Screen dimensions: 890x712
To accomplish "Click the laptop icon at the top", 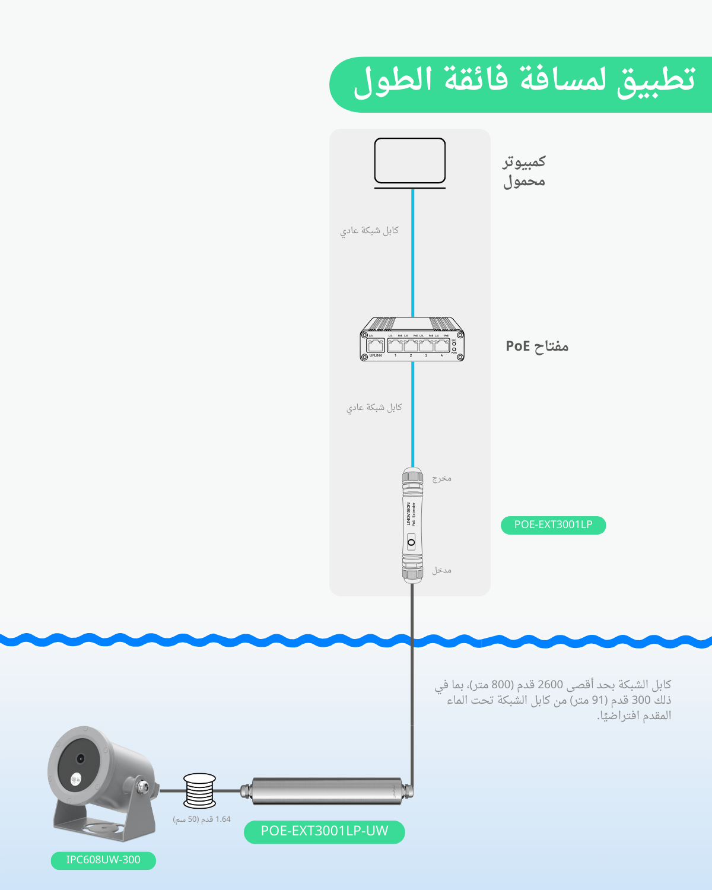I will click(410, 162).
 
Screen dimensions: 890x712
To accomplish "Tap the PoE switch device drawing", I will click(412, 339).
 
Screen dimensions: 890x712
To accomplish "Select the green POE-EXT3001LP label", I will click(553, 525).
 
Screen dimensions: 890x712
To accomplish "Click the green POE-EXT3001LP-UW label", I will click(325, 831).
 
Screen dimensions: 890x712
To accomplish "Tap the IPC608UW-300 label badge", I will click(103, 860).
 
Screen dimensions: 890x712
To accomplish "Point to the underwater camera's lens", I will click(80, 758).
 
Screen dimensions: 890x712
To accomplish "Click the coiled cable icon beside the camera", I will click(199, 790).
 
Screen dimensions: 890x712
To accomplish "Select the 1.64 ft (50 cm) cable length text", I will click(202, 819).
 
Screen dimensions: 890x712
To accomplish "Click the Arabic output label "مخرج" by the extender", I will click(441, 478).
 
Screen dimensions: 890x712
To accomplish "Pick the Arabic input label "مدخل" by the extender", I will click(441, 570).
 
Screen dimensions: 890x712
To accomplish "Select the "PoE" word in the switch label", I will click(517, 346).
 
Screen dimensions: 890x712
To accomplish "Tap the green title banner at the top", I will click(522, 84).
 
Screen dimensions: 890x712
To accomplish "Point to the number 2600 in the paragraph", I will click(550, 685).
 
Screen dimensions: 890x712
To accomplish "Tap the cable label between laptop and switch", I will click(369, 230).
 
